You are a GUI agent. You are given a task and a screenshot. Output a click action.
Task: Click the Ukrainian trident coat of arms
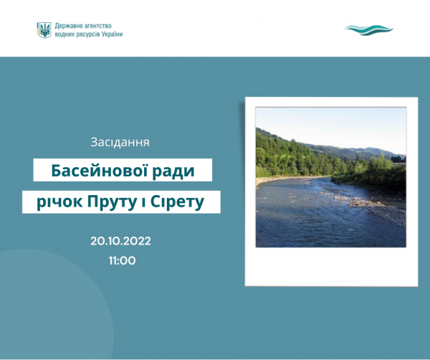44,30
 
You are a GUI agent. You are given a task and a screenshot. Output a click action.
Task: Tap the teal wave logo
368,30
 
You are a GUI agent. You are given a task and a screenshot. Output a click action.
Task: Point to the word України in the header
113,34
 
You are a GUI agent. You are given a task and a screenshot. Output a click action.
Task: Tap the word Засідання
120,142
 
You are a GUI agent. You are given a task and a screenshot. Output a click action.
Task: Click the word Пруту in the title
113,202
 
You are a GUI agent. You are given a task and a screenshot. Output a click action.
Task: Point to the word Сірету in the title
177,202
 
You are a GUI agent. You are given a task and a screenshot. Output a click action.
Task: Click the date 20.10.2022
120,241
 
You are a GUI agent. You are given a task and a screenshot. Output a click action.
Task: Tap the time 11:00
122,260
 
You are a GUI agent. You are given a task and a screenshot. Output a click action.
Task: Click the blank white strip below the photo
331,266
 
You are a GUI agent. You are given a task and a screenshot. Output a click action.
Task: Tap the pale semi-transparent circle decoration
55,302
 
